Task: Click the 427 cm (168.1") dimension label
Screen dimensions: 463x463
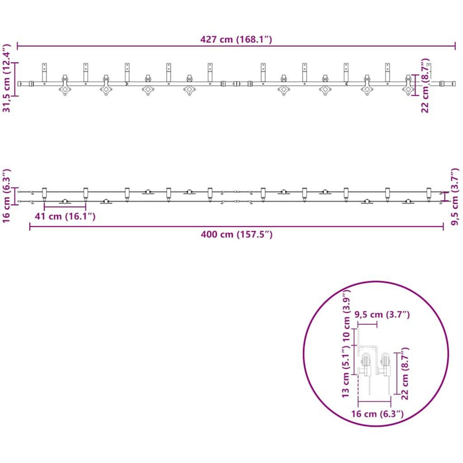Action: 236,39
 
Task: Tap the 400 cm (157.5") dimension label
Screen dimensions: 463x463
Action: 237,234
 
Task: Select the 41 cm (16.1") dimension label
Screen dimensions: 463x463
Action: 65,216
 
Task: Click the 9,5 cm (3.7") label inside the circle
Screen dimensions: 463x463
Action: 382,314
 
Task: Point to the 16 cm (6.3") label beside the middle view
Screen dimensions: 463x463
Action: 7,196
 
